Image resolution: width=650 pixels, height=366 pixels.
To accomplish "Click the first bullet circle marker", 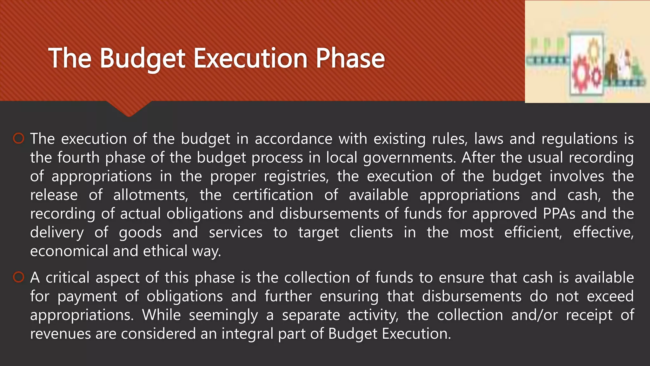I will (19, 139).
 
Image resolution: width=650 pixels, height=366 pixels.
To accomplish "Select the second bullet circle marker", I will (19, 277).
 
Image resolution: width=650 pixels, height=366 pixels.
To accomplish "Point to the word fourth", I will (79, 158).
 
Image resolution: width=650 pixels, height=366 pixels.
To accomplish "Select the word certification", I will (273, 195).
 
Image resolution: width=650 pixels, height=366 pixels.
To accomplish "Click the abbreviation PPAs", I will (559, 213).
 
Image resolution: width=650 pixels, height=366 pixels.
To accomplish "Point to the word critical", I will (68, 277).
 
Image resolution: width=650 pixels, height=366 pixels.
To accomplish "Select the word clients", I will (371, 232).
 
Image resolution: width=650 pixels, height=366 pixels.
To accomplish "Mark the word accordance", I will (294, 139).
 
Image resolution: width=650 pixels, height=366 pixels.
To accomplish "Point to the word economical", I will (69, 251).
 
